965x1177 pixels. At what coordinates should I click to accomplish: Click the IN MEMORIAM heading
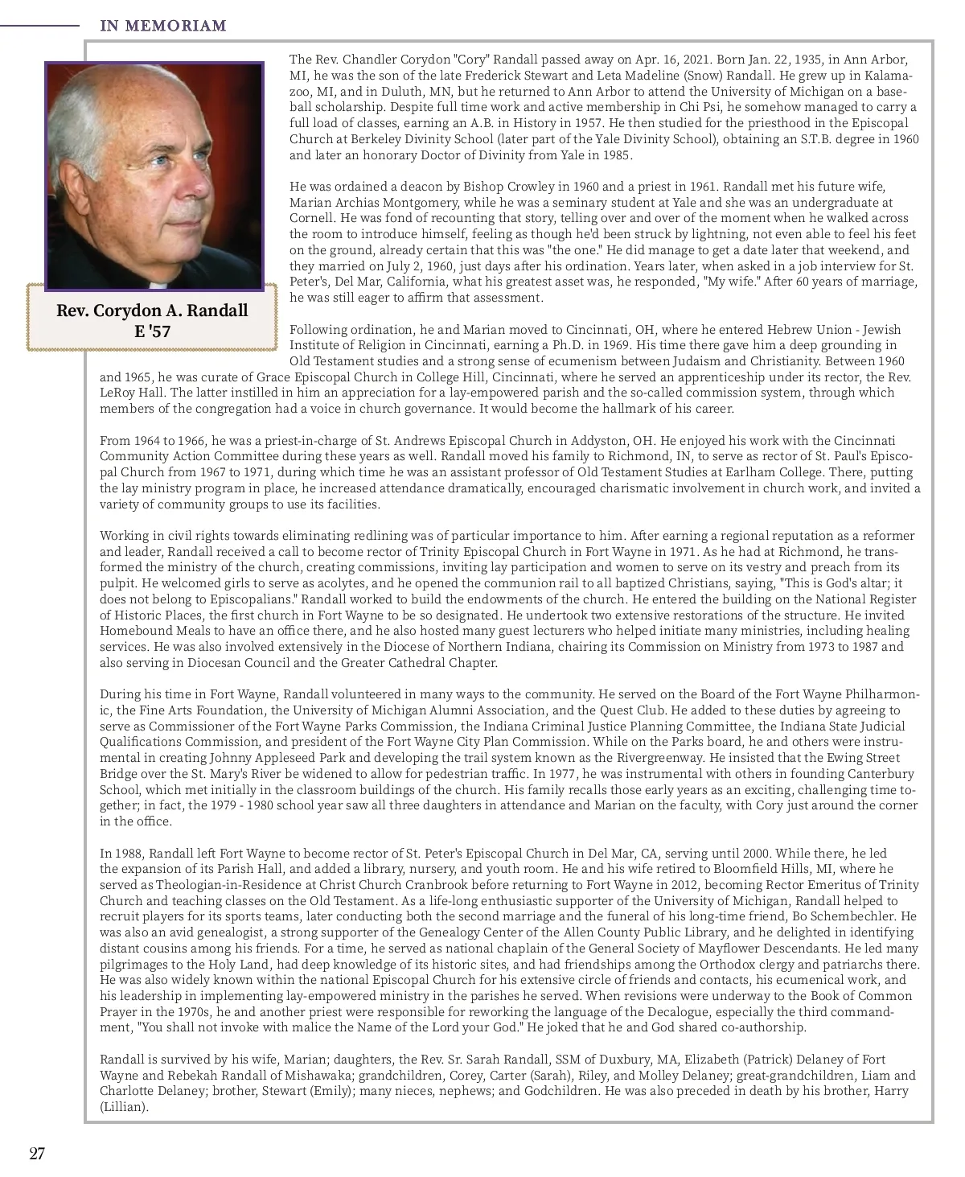coord(163,26)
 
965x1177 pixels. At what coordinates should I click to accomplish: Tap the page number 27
coord(37,1153)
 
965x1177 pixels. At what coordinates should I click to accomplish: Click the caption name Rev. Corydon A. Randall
coord(152,311)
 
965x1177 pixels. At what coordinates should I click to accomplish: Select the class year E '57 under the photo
coord(152,331)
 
